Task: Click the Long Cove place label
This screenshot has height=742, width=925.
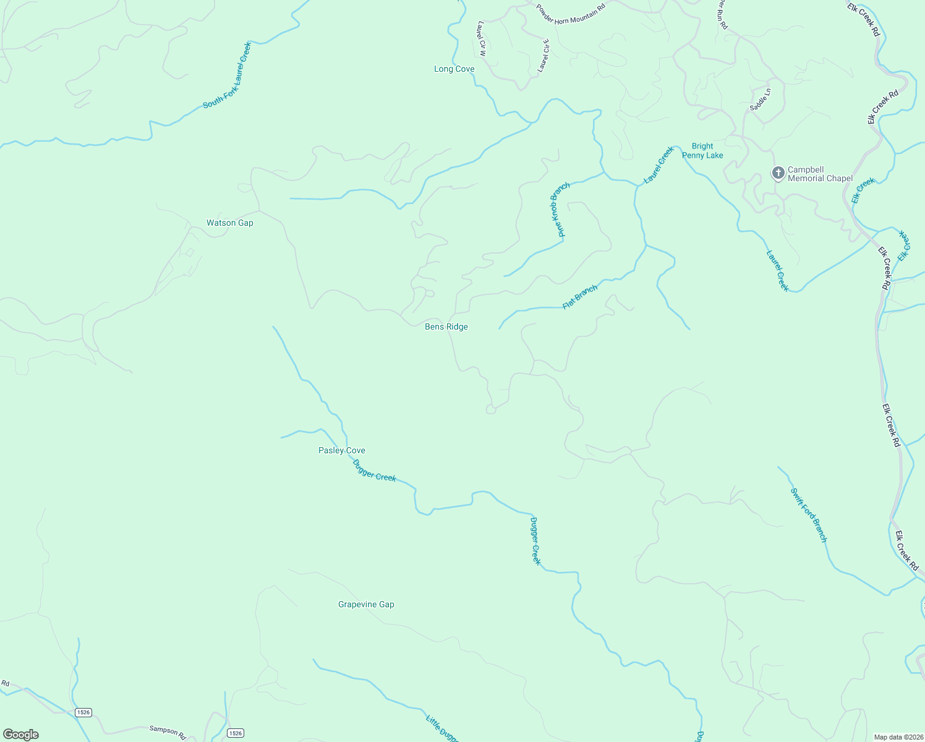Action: point(454,69)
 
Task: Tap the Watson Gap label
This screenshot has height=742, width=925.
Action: point(229,223)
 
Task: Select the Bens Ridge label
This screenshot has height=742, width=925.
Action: point(446,327)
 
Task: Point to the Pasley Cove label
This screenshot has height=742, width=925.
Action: point(341,451)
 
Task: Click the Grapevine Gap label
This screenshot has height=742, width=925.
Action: point(366,605)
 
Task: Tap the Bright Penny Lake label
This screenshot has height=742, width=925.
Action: point(702,151)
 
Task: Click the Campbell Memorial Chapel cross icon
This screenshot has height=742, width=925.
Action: point(778,173)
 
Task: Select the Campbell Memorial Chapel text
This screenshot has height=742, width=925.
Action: point(820,174)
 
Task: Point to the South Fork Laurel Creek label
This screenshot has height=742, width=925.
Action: point(228,75)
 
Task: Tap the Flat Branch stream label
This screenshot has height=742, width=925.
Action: point(580,297)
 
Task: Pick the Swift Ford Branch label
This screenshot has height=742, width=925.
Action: point(809,515)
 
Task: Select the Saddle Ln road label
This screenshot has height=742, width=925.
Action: point(761,100)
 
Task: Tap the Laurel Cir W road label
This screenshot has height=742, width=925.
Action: point(482,39)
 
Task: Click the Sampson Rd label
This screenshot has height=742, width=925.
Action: point(168,732)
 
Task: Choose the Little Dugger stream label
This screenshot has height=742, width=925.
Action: point(441,728)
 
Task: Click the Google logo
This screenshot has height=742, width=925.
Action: point(20,735)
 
